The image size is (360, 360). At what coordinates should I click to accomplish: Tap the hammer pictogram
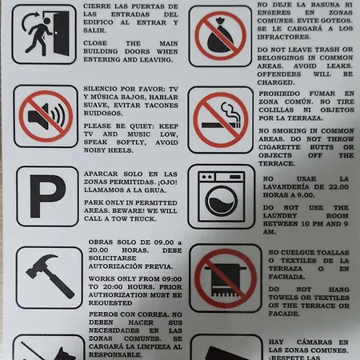tap(47, 276)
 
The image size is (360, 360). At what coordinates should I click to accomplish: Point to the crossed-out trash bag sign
tap(222, 36)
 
